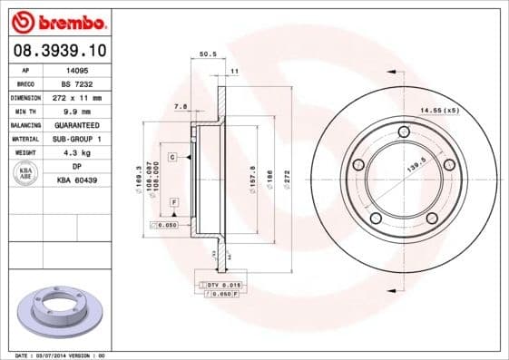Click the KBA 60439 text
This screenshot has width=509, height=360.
point(77,180)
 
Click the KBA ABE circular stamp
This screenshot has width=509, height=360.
point(25,174)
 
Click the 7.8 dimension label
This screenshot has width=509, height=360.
point(180,107)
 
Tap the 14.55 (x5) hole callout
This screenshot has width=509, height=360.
point(439,111)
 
